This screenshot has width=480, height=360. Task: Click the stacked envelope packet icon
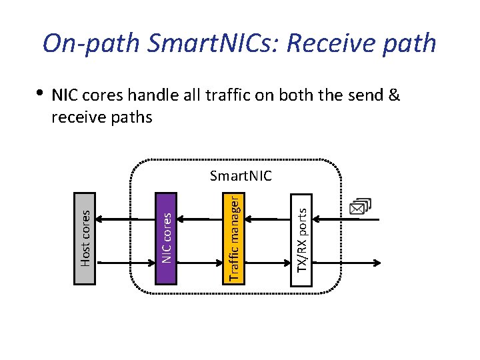coord(361,208)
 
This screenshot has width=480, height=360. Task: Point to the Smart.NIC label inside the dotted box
coord(241,176)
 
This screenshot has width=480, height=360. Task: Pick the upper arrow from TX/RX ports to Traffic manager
coord(268,219)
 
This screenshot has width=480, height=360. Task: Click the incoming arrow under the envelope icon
coord(347,219)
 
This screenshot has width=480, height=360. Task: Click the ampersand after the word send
coord(393,95)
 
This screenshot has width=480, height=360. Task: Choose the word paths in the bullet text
coord(131,118)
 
